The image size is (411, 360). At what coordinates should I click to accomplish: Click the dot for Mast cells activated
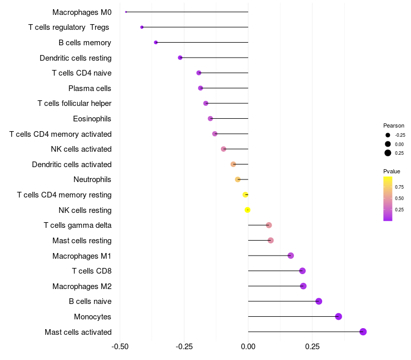click(363, 332)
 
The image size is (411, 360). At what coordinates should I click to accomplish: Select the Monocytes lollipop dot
click(339, 317)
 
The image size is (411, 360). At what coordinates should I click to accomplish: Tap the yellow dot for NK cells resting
click(248, 210)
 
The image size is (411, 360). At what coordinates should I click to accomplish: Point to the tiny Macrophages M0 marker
click(126, 12)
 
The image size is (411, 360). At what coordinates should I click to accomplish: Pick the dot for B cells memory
click(156, 43)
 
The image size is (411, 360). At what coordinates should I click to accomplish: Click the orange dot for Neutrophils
click(238, 179)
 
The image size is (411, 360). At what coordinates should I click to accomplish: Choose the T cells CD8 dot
click(302, 271)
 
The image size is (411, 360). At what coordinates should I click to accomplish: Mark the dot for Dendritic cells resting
click(180, 58)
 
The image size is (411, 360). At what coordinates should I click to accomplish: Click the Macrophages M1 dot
click(291, 256)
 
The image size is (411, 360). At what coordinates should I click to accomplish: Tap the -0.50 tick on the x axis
click(120, 347)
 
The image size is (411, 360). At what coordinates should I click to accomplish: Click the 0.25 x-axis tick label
click(312, 347)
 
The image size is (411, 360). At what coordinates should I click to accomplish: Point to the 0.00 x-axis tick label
click(248, 347)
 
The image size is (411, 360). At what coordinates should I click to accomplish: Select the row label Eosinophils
click(92, 119)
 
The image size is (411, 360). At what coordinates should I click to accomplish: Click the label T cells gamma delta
click(78, 225)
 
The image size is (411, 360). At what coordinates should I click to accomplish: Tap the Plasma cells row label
click(89, 88)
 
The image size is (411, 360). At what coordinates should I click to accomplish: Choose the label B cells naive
click(90, 301)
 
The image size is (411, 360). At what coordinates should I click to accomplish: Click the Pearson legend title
click(394, 125)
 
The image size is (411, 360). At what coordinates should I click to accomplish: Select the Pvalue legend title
click(391, 172)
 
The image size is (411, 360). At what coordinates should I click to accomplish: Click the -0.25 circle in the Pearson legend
click(388, 135)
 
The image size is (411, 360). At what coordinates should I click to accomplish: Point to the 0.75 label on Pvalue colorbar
click(399, 187)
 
